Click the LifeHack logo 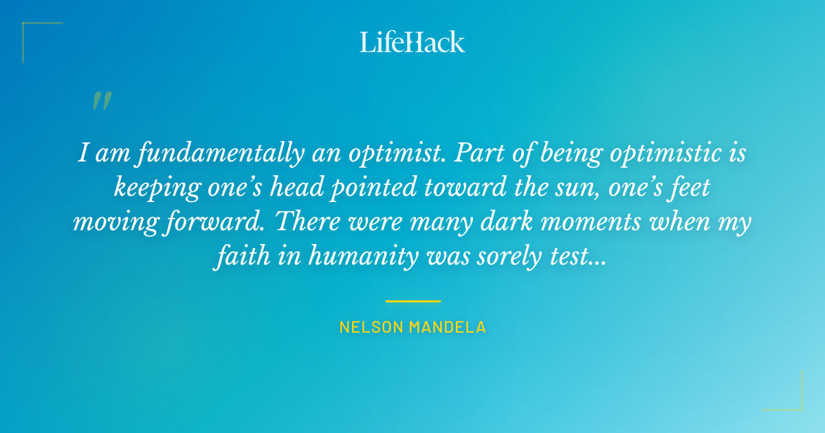(x=412, y=42)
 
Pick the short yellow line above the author (x=412, y=301)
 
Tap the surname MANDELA (x=448, y=327)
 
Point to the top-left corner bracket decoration (x=31, y=31)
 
